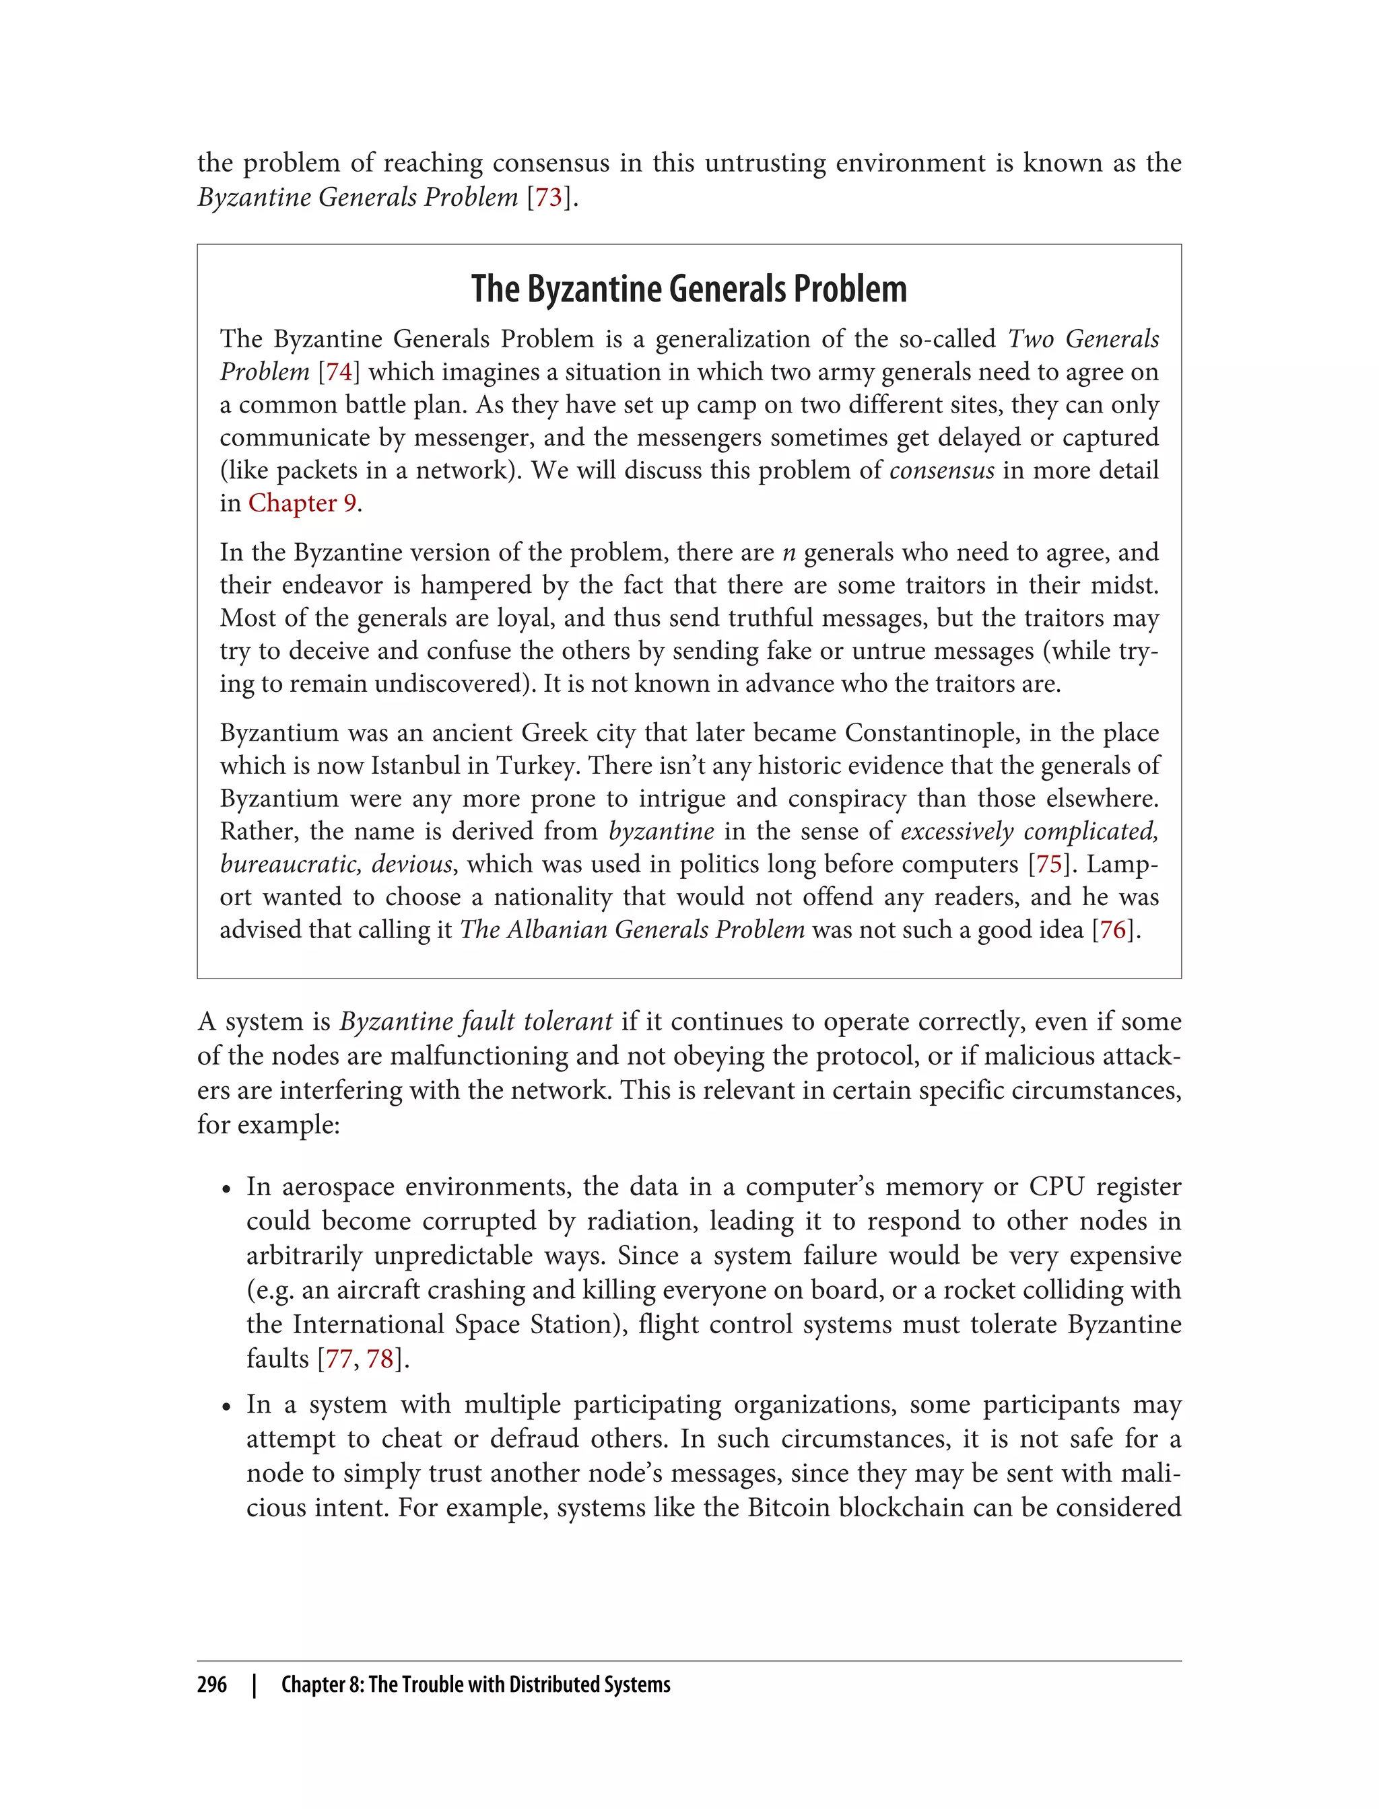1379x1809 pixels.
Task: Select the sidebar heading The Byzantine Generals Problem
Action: [x=689, y=289]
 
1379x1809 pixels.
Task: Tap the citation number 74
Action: [x=339, y=371]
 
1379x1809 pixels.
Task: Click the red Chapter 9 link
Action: [x=302, y=503]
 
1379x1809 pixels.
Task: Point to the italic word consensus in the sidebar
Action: [x=941, y=470]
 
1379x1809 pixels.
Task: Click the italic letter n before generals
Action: [x=789, y=552]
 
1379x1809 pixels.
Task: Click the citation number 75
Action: [x=1049, y=864]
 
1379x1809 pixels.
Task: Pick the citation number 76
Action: [x=1112, y=929]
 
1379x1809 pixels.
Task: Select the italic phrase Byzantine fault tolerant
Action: [x=476, y=1022]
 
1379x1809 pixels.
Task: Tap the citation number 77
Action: [x=339, y=1359]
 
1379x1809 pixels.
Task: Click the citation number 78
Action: [x=380, y=1359]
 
